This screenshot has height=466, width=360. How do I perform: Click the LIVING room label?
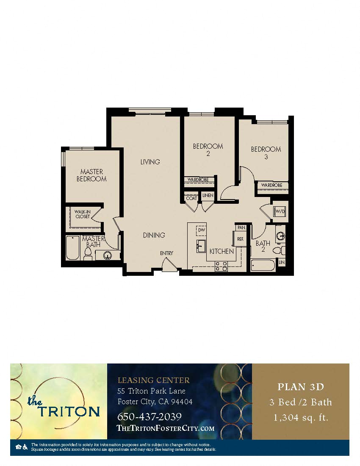tap(150, 162)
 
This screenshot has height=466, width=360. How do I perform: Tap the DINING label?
tap(153, 235)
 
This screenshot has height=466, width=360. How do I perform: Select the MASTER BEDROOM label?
tap(91, 175)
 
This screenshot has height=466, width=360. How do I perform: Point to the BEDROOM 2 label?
tap(208, 150)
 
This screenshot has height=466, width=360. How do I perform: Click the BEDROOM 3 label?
tap(266, 153)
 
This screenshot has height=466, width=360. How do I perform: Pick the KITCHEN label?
tap(222, 251)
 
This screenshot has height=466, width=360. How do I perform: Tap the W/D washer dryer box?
tap(280, 211)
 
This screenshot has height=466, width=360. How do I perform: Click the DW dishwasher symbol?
tap(201, 230)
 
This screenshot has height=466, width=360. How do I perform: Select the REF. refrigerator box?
tap(240, 239)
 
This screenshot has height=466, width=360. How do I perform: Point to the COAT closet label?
tap(191, 198)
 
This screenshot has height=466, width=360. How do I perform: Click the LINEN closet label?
tap(208, 195)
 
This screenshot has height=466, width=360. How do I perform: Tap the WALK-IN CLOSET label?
tap(82, 214)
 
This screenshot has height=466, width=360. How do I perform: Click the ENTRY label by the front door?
tap(166, 253)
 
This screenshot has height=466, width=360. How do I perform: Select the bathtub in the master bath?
tap(73, 248)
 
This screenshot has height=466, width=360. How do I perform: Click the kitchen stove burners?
tap(221, 266)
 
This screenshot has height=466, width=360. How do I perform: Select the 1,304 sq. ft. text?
tap(301, 418)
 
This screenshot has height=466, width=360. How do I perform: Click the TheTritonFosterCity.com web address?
tap(165, 428)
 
